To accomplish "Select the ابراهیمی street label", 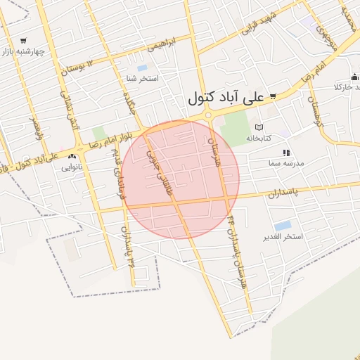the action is tap(162, 44).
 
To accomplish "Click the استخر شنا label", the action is tap(142, 78).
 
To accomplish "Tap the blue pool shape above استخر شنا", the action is tap(142, 68).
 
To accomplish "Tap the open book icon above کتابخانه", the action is tap(259, 127).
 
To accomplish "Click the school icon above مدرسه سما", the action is tap(285, 153).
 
